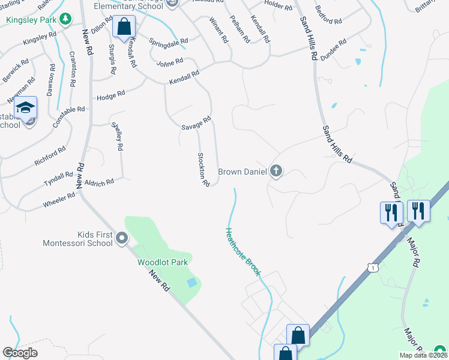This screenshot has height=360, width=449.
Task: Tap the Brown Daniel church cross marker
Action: coord(276,172)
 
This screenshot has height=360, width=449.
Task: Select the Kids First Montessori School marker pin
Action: coord(122,239)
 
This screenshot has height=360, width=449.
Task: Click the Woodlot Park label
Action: coord(163,262)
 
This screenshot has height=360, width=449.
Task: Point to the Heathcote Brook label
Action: coord(243,252)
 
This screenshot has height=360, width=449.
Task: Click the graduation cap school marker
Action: coord(25,108)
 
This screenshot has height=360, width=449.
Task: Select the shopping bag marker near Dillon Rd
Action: coord(124,27)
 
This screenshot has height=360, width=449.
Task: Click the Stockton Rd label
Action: coord(203,169)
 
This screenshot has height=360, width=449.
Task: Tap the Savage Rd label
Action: coord(196,124)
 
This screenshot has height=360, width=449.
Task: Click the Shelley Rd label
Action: coord(118,136)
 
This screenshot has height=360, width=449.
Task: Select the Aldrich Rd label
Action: coord(99,182)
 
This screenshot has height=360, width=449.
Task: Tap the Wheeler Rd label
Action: coord(59,200)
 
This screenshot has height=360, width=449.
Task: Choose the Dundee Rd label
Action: coord(334,49)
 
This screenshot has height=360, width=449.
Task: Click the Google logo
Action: coord(20,353)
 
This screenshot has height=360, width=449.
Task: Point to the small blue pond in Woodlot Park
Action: coord(191,282)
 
